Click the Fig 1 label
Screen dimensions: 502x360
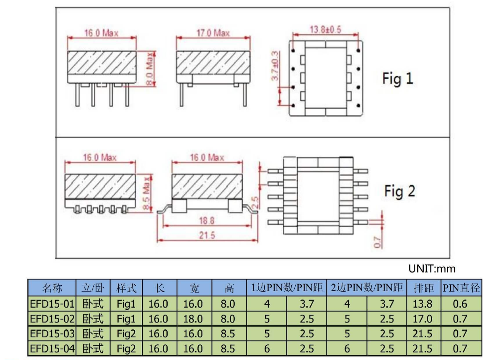[x=398, y=79]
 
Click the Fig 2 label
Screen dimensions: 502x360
[x=400, y=192]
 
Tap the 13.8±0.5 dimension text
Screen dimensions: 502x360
[x=325, y=29]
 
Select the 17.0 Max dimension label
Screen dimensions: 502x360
[x=213, y=33]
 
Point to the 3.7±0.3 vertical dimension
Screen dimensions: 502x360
[x=275, y=66]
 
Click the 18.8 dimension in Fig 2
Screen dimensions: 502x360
[x=206, y=220]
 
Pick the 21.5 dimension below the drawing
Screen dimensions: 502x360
[x=207, y=236]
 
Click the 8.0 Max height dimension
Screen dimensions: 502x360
[x=150, y=69]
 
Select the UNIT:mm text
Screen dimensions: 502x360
[x=432, y=269]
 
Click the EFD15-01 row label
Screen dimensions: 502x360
[x=52, y=304]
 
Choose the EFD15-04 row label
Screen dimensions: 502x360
[x=52, y=348]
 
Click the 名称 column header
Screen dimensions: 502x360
[x=52, y=288]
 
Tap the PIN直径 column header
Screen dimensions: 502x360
[x=462, y=288]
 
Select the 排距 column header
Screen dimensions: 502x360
[x=424, y=288]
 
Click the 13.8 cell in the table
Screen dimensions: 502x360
[x=422, y=304]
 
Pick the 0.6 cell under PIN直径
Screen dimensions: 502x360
[x=460, y=304]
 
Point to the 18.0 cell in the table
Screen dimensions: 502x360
[x=193, y=319]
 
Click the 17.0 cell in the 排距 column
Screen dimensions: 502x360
[x=422, y=319]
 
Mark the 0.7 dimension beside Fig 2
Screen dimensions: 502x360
[x=378, y=242]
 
